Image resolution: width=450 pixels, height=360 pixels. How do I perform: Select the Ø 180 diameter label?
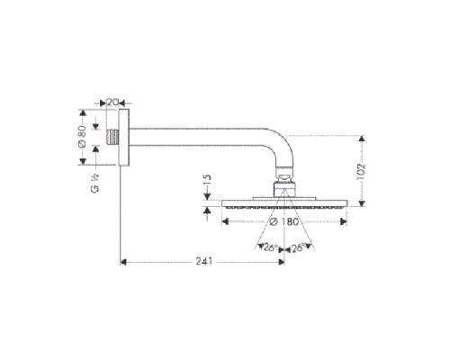283,221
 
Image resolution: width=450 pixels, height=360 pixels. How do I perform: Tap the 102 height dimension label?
370,173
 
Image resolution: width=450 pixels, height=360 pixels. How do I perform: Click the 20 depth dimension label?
113,102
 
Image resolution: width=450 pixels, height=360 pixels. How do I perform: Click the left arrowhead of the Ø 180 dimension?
225,221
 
